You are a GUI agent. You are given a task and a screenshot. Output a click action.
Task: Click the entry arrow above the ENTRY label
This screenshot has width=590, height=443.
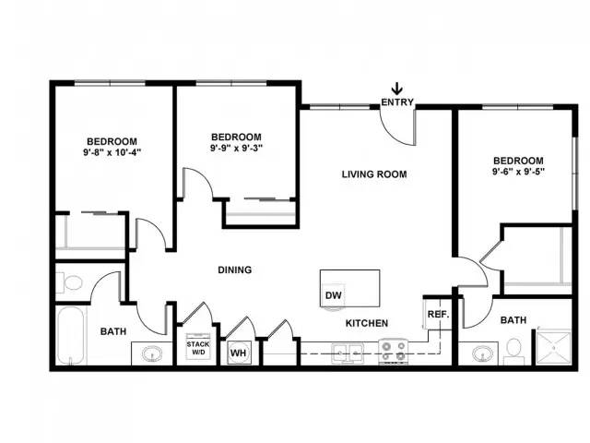click(397, 89)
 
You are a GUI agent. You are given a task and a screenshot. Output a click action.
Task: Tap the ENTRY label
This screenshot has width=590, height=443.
click(397, 102)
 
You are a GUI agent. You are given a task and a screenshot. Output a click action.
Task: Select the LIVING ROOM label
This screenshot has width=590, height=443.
click(374, 174)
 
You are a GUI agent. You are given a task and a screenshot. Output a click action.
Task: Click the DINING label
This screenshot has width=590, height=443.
click(235, 269)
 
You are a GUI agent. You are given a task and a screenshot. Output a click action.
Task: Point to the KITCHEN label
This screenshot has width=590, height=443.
click(367, 323)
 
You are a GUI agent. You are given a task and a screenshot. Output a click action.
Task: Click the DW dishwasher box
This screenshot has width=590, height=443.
click(334, 296)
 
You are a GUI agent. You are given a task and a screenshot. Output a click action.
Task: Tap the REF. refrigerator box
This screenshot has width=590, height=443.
click(438, 314)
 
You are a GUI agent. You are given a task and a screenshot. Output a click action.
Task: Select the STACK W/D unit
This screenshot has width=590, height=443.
click(198, 346)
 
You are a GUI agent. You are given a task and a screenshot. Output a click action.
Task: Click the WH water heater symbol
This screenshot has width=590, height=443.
click(239, 353)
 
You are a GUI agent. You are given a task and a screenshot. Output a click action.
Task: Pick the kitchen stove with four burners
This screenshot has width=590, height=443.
click(394, 352)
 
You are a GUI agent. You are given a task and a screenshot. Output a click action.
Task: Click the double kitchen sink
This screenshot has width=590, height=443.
click(348, 353)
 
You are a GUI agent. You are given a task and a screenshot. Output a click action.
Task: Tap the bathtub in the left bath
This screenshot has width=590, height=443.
click(70, 336)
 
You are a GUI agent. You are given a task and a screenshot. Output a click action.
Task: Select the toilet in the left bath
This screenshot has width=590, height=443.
click(70, 282)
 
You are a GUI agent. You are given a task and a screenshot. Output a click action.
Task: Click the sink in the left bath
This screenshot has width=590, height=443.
click(152, 354)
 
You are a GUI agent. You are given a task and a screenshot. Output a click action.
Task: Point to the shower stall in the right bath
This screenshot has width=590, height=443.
click(553, 348)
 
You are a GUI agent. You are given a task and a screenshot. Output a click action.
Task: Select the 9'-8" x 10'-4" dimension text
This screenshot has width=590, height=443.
click(112, 152)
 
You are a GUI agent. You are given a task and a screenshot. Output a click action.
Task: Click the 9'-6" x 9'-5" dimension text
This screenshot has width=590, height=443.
click(518, 172)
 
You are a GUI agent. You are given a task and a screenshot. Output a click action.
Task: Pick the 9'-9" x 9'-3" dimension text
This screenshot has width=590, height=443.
click(236, 148)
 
